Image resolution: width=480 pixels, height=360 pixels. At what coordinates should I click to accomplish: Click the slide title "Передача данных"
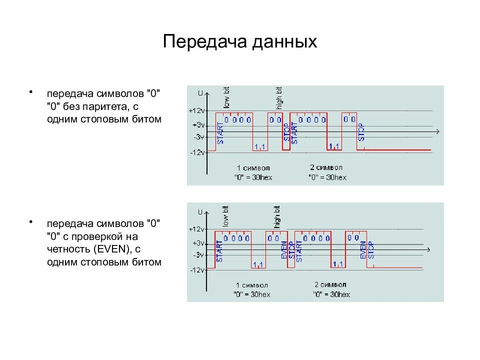point(239,41)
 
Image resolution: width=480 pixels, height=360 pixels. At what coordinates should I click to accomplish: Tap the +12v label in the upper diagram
point(197,110)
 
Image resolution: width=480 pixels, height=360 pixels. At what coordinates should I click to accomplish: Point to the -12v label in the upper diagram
point(197,152)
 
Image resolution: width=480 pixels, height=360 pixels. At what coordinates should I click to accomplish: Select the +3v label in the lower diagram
point(198,243)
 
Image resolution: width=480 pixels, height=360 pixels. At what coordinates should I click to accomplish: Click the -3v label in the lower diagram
point(198,255)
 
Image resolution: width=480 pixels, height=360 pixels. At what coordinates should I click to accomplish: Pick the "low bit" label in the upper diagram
point(226,97)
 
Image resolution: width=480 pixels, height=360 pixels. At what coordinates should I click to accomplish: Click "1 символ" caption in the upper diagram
point(253,167)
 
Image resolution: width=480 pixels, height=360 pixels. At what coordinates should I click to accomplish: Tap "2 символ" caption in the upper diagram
point(326,167)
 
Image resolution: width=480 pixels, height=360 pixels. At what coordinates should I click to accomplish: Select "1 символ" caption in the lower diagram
point(252,285)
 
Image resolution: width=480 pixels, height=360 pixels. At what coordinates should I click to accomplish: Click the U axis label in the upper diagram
point(200,93)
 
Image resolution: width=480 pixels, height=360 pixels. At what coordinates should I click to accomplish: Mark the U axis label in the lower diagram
point(200,212)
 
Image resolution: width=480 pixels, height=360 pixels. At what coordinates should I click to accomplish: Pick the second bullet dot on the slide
point(31,221)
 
